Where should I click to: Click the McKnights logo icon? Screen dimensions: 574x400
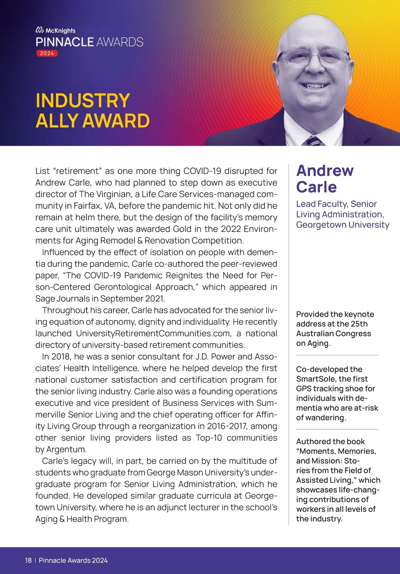click(40, 30)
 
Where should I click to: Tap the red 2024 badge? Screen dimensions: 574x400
click(47, 53)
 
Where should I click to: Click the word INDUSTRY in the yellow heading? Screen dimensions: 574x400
click(83, 101)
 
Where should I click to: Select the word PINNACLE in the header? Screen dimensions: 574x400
click(65, 42)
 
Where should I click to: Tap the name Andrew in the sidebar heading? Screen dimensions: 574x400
click(325, 171)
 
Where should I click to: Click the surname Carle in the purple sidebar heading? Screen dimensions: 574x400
click(316, 187)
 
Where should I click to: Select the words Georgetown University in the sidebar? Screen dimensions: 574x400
click(342, 225)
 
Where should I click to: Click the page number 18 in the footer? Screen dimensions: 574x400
click(28, 560)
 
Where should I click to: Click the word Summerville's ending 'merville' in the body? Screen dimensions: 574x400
click(51, 415)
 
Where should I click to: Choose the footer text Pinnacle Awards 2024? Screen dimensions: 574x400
click(73, 560)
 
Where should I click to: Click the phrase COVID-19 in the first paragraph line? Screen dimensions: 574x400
click(202, 171)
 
